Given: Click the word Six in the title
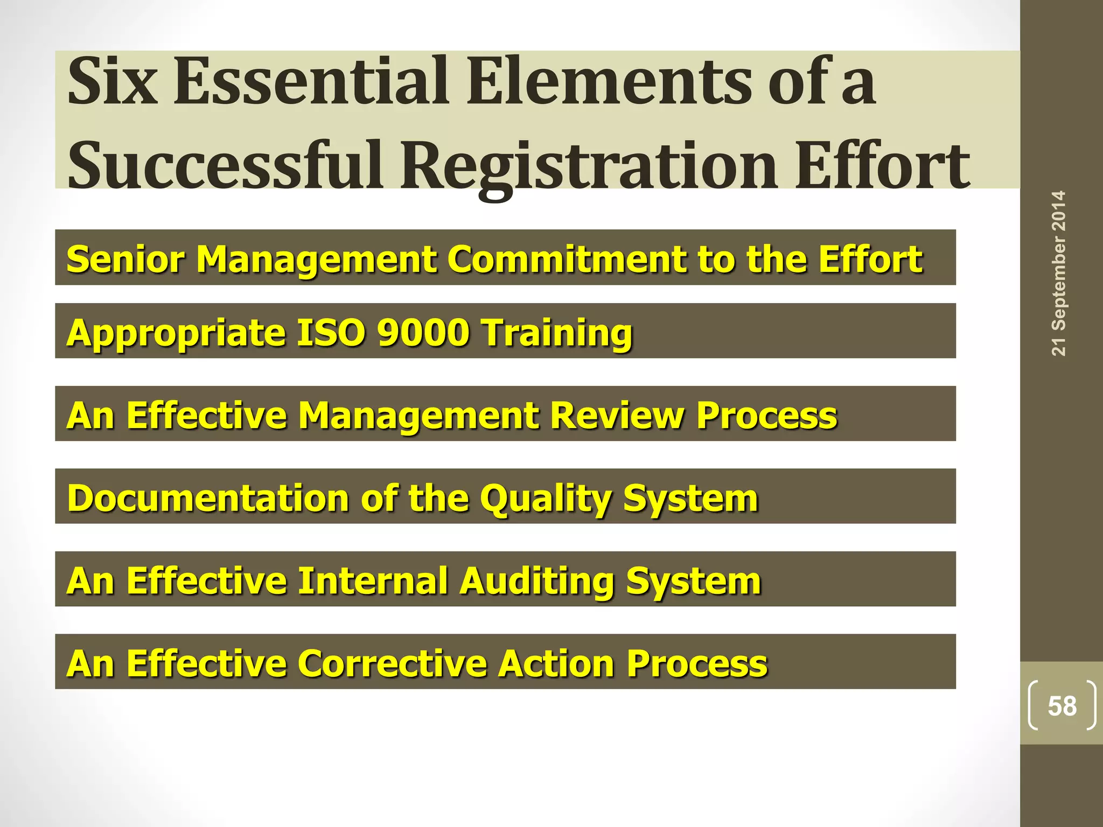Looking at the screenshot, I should tap(113, 82).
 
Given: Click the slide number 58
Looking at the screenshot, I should tap(1062, 706).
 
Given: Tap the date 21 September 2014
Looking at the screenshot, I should tap(1059, 273).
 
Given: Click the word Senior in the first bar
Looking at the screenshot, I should tap(125, 259).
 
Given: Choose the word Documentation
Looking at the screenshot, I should tap(208, 498).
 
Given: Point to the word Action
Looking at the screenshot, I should tap(557, 663).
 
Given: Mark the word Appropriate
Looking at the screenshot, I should tap(176, 333).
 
